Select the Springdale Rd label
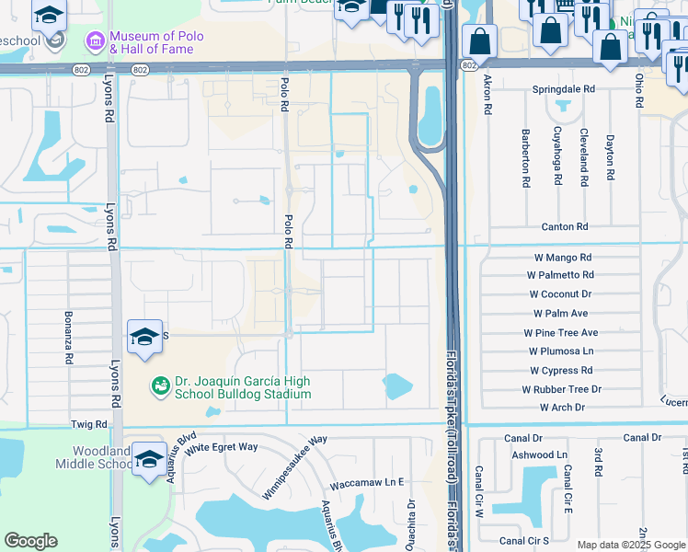click(x=564, y=90)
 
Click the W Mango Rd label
click(x=559, y=258)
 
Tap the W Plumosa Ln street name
click(x=561, y=351)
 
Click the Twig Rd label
click(x=89, y=424)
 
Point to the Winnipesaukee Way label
click(x=294, y=467)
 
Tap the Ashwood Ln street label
click(x=545, y=454)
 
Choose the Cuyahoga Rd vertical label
click(x=556, y=156)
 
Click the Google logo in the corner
click(x=30, y=541)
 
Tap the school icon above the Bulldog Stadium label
click(x=144, y=338)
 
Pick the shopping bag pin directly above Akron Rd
click(x=479, y=41)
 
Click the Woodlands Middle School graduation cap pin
click(x=149, y=460)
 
